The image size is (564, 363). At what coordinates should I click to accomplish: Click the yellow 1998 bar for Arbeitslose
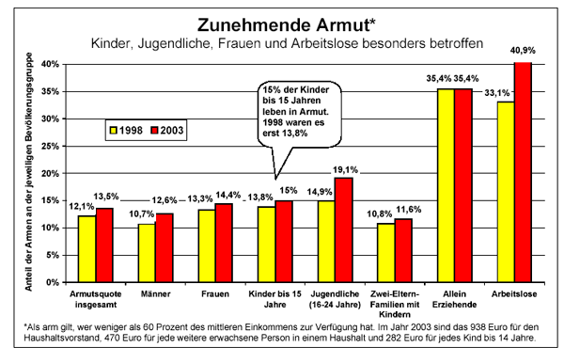506,192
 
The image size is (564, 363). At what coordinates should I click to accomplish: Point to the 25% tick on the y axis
54,146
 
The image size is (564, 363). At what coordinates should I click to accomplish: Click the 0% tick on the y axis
56,282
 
